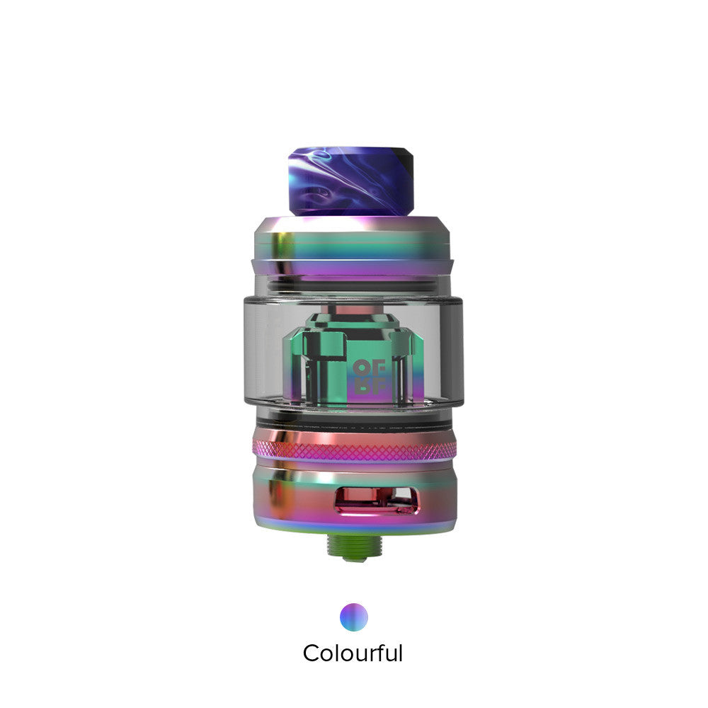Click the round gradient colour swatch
click(353, 616)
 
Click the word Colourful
click(353, 652)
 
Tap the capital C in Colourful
click(312, 653)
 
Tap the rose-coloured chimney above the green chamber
click(353, 312)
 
